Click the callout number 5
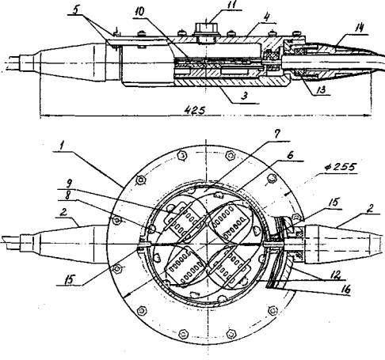point(76,9)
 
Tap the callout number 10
point(139,12)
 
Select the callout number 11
point(233,5)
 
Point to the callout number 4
point(267,17)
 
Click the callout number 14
point(358,28)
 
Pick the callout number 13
point(321,90)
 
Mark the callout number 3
point(244,96)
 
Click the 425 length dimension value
point(195,110)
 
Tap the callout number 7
point(276,135)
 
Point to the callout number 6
point(290,155)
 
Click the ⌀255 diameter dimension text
point(341,168)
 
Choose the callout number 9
point(70,183)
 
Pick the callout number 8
point(68,195)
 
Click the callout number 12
point(334,275)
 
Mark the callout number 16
point(345,290)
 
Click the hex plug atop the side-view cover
point(206,28)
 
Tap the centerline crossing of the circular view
point(206,244)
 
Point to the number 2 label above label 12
point(371,208)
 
